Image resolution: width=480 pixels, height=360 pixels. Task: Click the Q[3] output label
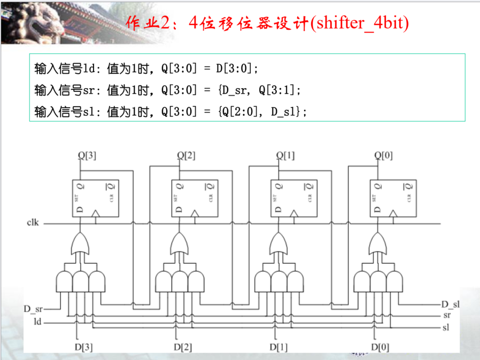tap(87, 156)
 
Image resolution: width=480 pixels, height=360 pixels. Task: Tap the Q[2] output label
tap(186, 156)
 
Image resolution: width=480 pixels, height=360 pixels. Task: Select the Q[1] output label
tap(285, 156)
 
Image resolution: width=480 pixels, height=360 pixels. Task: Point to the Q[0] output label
tap(383, 156)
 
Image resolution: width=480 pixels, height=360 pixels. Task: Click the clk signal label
tap(33, 222)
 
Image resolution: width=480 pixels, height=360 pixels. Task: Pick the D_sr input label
tap(33, 309)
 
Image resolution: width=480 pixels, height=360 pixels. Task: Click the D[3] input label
tap(84, 347)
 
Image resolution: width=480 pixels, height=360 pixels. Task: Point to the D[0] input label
tap(380, 347)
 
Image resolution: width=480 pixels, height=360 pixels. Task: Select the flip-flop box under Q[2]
tap(194, 198)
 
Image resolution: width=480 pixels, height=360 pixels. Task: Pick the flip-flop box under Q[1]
tap(293, 198)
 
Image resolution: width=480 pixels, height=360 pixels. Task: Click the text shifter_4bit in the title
tap(358, 24)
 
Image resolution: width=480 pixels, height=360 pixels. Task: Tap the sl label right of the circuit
tap(446, 327)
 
